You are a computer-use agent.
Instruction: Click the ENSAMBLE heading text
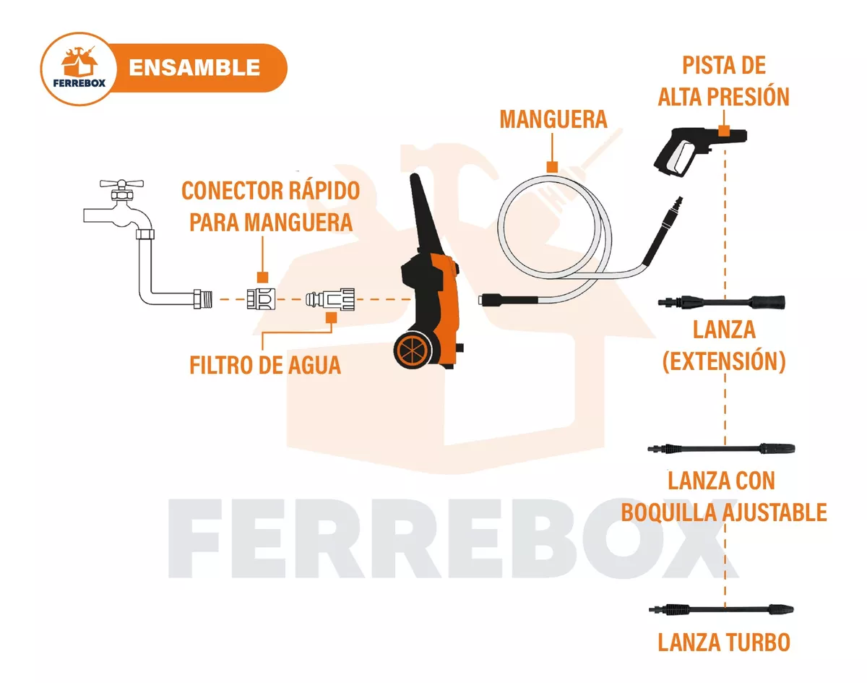[x=194, y=68]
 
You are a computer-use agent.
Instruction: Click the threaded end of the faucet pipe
[x=203, y=298]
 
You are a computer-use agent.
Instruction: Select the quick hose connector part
[x=261, y=298]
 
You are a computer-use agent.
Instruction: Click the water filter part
[x=331, y=298]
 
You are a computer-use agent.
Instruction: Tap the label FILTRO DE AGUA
[x=265, y=365]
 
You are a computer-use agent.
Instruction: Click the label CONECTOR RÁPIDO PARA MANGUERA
[x=270, y=206]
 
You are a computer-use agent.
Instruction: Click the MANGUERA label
[x=553, y=119]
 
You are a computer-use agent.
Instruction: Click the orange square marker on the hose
[x=552, y=167]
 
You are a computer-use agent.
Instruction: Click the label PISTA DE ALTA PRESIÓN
[x=723, y=81]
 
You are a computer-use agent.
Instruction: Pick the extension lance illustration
[x=722, y=301]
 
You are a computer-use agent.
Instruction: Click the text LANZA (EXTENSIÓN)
[x=724, y=345]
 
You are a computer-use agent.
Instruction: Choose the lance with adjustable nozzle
[x=722, y=449]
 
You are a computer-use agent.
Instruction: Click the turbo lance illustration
[x=722, y=609]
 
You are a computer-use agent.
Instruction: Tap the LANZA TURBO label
[x=724, y=642]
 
